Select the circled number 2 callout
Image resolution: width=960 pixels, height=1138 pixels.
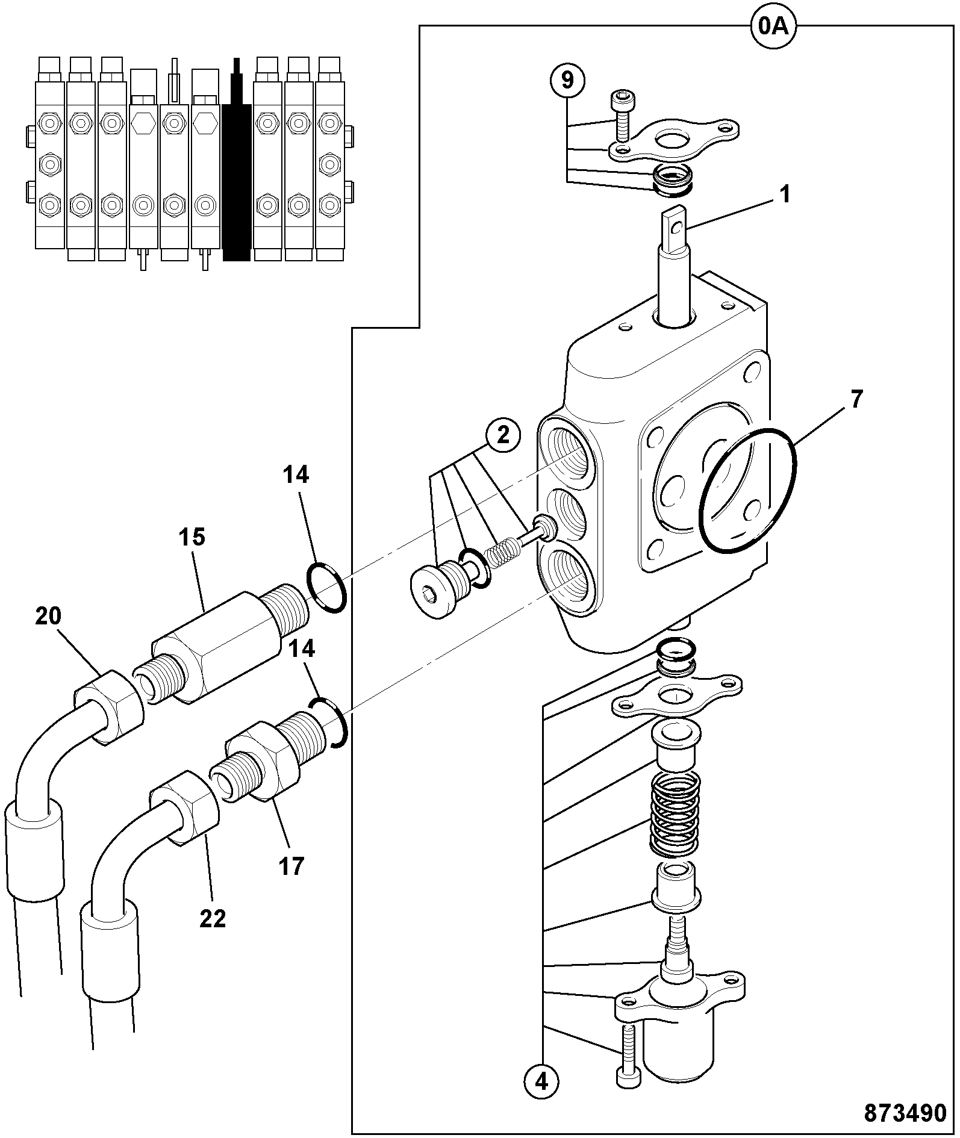pos(503,435)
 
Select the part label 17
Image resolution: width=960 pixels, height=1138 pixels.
pos(291,867)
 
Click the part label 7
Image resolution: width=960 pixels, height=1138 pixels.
pos(857,399)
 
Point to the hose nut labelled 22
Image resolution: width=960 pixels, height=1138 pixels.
pos(184,809)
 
